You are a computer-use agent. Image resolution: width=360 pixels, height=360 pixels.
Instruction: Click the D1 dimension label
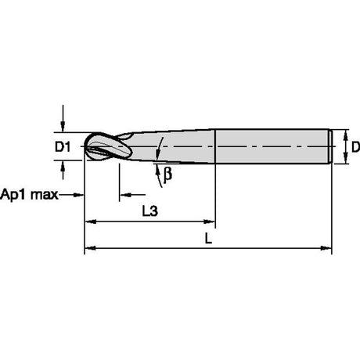point(63,147)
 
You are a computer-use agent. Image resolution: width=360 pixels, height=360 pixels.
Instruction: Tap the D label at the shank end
point(355,147)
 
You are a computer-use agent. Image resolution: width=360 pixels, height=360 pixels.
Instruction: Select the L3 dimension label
point(150,211)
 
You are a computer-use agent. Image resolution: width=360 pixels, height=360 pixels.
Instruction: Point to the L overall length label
point(208,238)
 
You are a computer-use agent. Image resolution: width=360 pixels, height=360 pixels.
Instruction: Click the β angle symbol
point(167,174)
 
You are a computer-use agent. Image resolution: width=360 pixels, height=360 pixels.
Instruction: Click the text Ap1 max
point(29,195)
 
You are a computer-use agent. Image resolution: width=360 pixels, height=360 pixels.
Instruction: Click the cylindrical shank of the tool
point(272,146)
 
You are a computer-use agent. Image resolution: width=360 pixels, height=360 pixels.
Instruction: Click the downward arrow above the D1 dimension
point(63,119)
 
